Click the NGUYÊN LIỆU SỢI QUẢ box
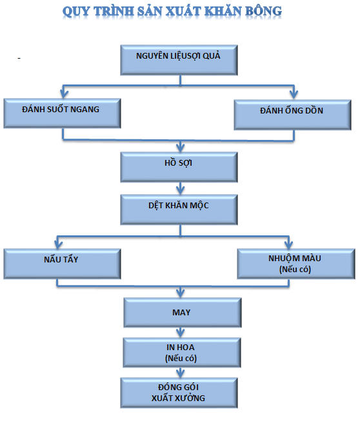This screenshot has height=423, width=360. [x=179, y=60]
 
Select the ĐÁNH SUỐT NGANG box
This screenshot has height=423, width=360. [x=62, y=113]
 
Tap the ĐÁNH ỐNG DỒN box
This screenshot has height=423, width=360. [x=292, y=115]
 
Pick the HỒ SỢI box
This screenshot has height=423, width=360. [x=179, y=167]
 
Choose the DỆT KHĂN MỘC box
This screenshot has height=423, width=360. [x=179, y=210]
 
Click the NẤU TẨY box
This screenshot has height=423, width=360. [x=62, y=264]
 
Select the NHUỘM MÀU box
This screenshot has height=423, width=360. [x=296, y=264]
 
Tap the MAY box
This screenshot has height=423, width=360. [x=183, y=313]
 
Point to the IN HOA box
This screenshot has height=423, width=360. [x=182, y=353]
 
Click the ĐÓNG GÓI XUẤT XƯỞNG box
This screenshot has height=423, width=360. [x=179, y=393]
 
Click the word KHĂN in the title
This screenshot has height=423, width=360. [x=223, y=12]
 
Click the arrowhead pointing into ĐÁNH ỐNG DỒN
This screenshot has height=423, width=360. [x=294, y=94]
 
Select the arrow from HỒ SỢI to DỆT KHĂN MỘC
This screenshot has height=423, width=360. [x=180, y=188]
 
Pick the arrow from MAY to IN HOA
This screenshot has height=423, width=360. [x=180, y=333]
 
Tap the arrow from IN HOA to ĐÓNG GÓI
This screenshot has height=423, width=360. [x=180, y=373]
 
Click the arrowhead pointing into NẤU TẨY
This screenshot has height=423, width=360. [x=58, y=244]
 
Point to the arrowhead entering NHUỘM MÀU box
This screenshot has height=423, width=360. [x=289, y=244]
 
